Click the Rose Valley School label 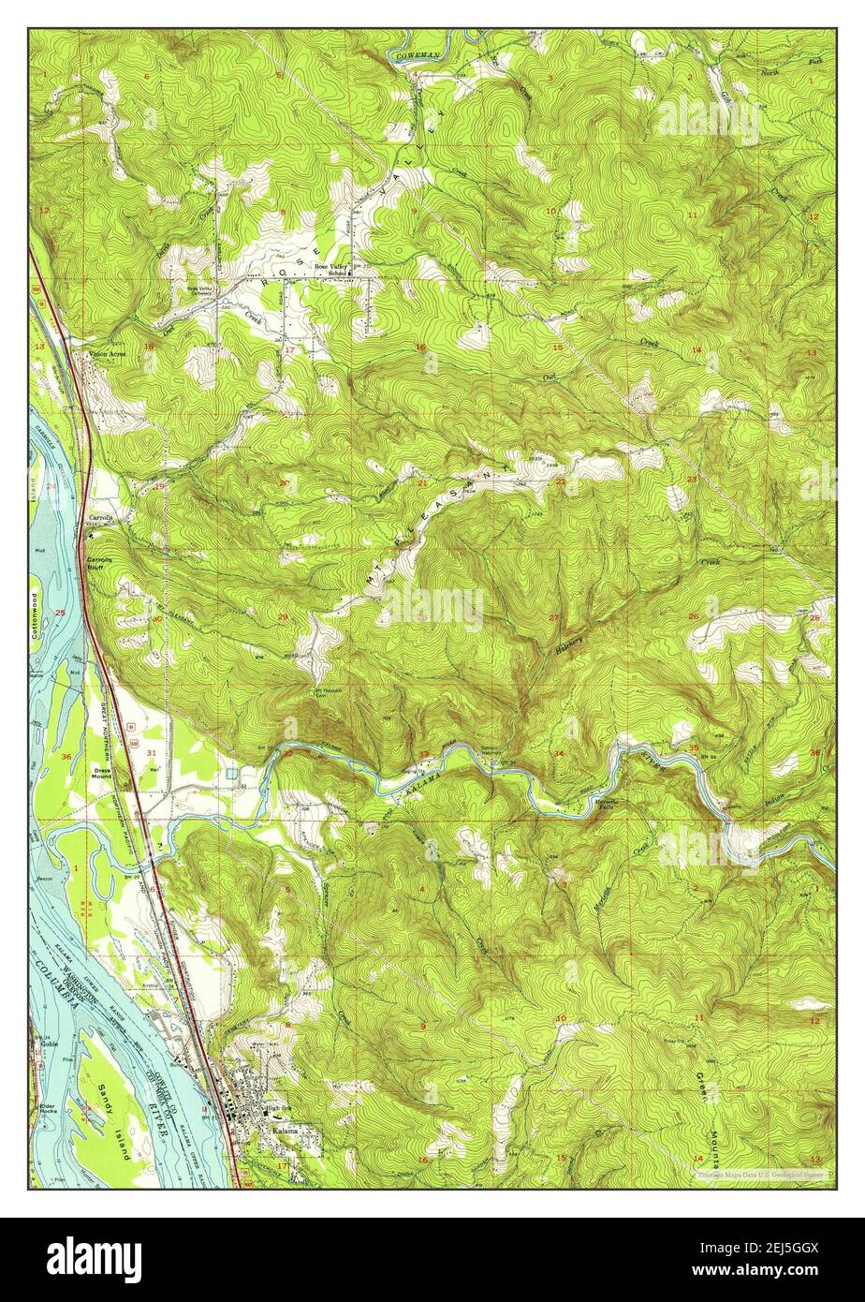[x=331, y=269]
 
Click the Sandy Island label [x=112, y=1120]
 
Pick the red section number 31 [x=152, y=751]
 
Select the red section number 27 [x=554, y=616]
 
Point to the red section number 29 [x=283, y=616]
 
